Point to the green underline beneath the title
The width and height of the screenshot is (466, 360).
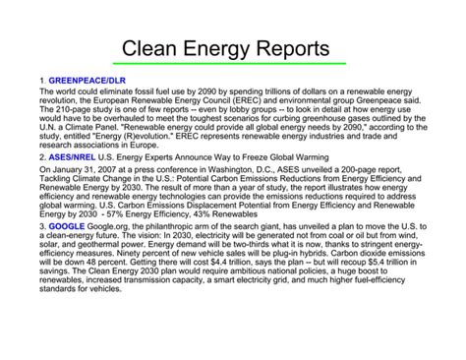[x=232, y=65]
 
